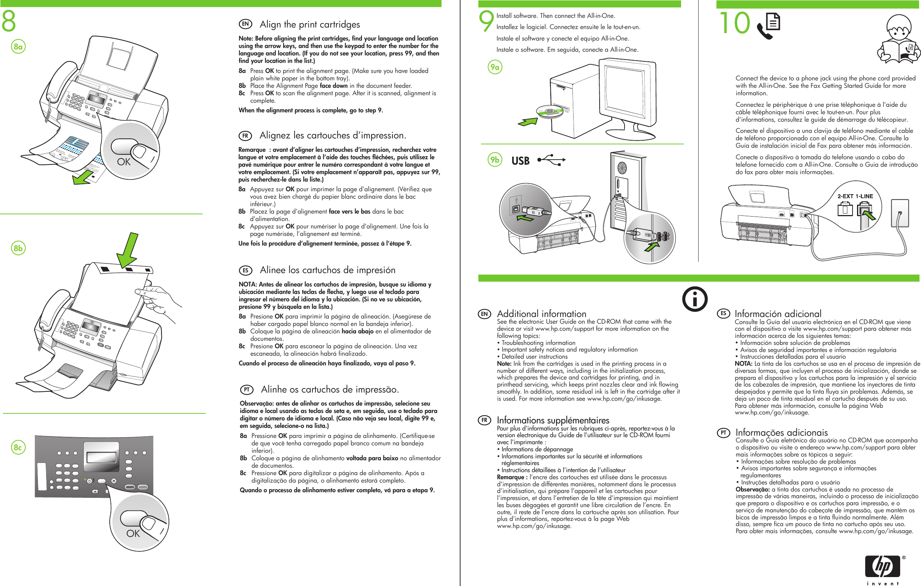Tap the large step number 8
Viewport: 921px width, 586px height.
point(9,21)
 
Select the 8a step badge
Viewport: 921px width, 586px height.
point(18,47)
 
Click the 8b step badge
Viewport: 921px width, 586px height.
point(18,248)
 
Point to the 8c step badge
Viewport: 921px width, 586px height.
point(18,447)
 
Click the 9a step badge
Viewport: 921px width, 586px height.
point(495,67)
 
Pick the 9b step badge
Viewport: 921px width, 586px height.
point(495,160)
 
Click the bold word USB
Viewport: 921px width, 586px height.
point(520,161)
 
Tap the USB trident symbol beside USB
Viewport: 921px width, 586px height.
point(552,160)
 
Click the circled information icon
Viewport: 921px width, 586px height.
point(694,299)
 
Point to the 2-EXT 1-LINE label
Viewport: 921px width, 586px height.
point(855,196)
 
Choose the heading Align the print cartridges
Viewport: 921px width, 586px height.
point(309,25)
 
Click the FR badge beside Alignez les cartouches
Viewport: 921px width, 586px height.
point(245,136)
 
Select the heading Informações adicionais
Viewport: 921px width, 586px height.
point(782,432)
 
